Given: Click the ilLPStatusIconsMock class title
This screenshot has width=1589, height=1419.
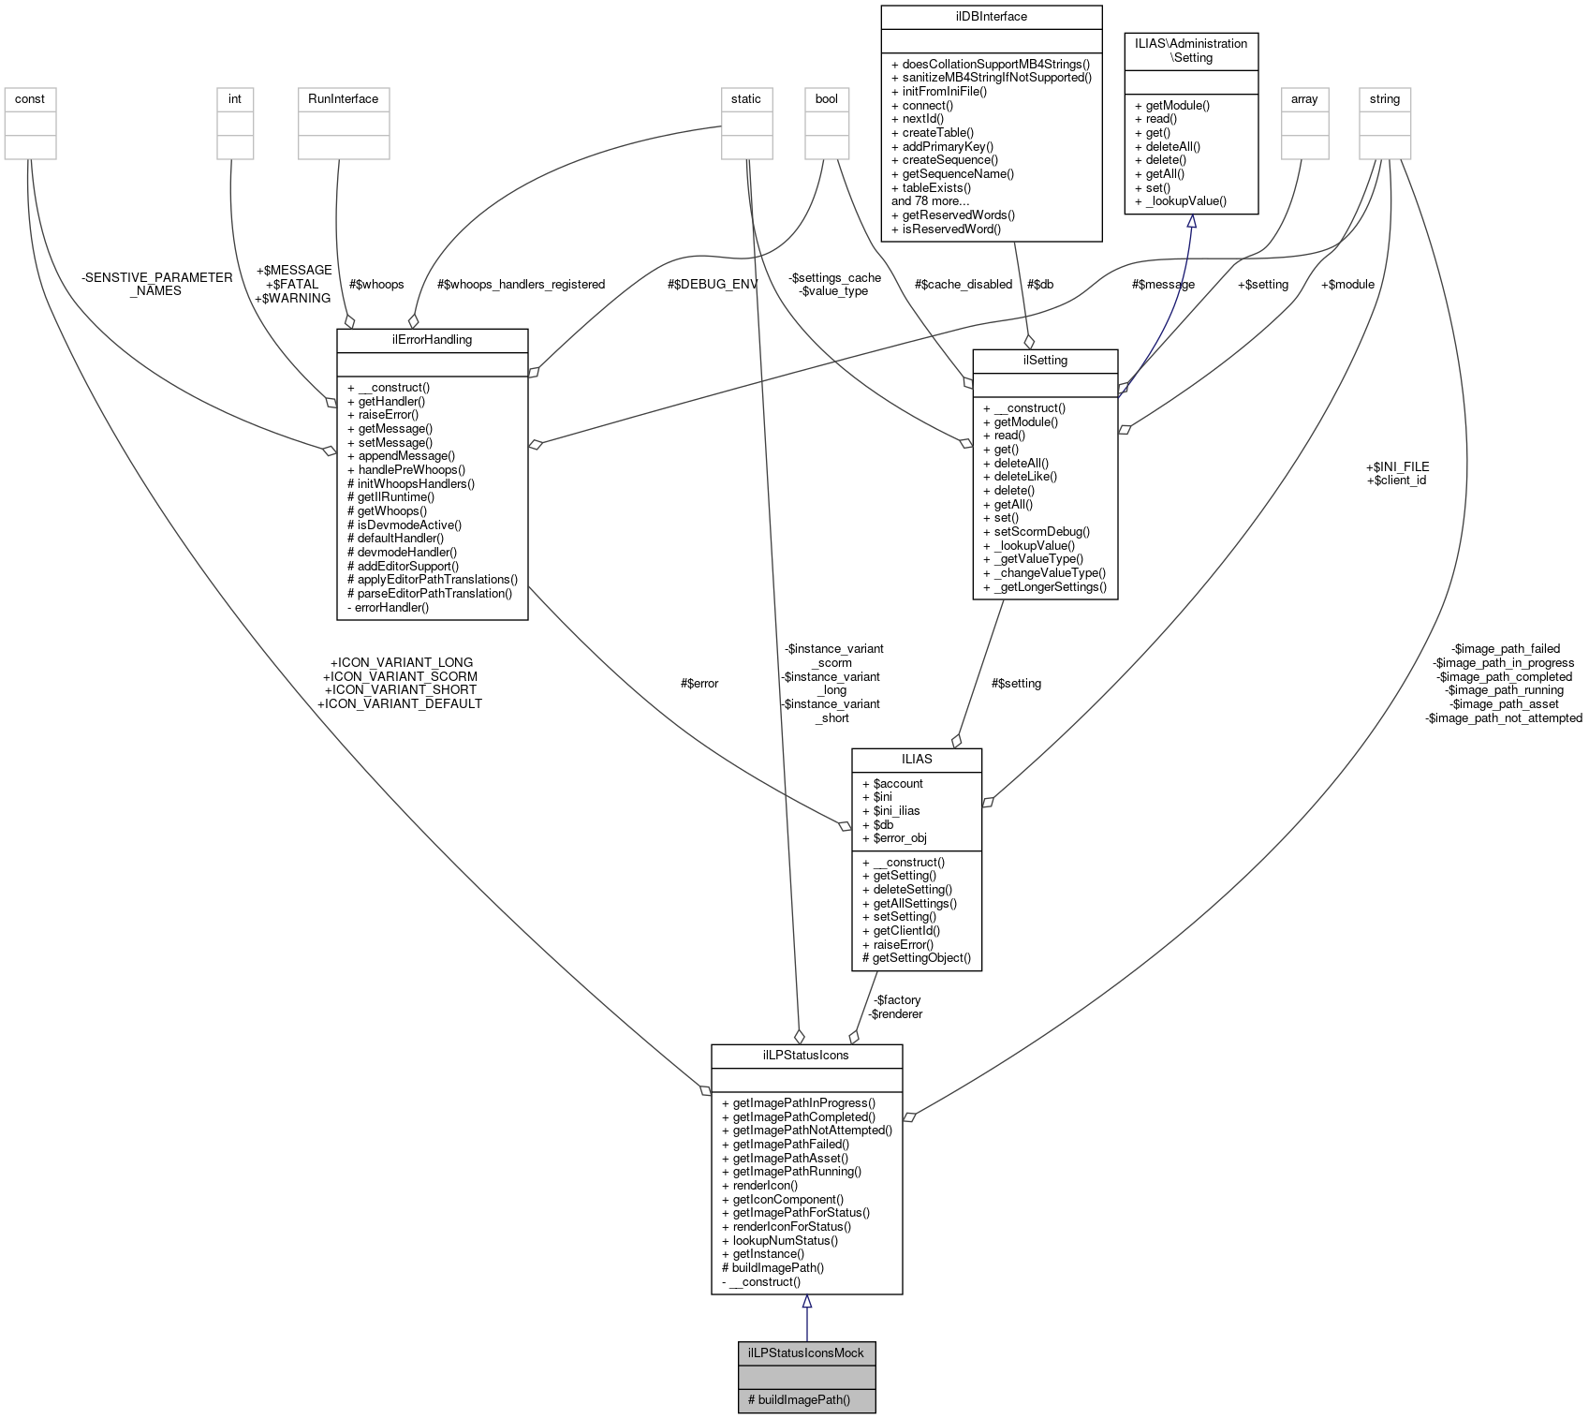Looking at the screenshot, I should click(806, 1352).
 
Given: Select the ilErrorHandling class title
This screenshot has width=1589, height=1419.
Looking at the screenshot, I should click(432, 339).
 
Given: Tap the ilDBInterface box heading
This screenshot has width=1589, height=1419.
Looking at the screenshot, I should click(992, 16).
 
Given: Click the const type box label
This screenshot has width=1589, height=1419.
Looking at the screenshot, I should click(30, 98).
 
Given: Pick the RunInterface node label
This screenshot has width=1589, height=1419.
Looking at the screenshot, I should click(343, 98).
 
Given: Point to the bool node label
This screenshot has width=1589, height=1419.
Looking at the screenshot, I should click(827, 98).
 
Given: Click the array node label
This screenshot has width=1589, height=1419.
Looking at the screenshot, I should click(1304, 98).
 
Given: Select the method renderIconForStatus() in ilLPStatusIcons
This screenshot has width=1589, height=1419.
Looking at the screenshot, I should click(791, 1226).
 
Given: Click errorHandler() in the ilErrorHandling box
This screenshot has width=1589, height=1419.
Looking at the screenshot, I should click(391, 607).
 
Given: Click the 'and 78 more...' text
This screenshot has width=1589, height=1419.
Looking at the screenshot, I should click(930, 200).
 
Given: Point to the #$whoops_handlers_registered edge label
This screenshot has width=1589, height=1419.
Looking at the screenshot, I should click(521, 284).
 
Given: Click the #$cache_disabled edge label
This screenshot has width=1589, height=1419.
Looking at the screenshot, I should click(964, 284).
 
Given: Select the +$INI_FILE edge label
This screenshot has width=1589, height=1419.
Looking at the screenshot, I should click(1397, 466).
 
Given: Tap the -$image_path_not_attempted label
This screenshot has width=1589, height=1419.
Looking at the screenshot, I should click(1503, 717).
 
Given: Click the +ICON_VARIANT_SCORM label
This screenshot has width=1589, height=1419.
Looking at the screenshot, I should click(400, 676).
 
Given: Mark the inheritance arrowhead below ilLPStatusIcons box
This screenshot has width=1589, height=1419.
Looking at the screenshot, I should click(806, 1302).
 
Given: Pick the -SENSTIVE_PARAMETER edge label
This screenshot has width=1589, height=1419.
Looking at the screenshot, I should click(156, 277).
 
